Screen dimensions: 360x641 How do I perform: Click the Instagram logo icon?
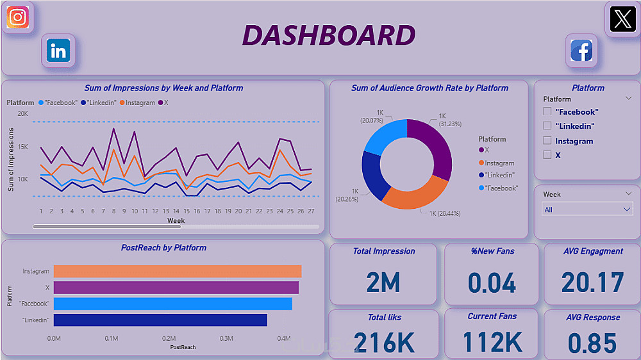pyautogui.click(x=18, y=17)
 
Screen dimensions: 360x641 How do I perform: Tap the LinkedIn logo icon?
pyautogui.click(x=59, y=51)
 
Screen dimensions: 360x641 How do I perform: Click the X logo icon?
pyautogui.click(x=621, y=19)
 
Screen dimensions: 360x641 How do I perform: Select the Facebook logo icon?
pyautogui.click(x=581, y=51)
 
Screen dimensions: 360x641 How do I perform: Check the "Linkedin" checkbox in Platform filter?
pyautogui.click(x=547, y=126)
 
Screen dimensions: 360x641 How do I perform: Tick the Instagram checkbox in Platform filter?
pyautogui.click(x=547, y=141)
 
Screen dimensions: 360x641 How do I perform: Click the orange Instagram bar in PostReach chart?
pyautogui.click(x=177, y=272)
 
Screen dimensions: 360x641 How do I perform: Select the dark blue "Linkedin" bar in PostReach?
pyautogui.click(x=160, y=320)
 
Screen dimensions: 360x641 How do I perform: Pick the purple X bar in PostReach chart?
pyautogui.click(x=176, y=288)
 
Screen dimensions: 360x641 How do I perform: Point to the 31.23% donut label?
pyautogui.click(x=450, y=120)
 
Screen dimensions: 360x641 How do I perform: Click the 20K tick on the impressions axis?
pyautogui.click(x=22, y=114)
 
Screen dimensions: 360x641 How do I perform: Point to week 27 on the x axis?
pyautogui.click(x=311, y=211)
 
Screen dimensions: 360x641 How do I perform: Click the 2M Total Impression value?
pyautogui.click(x=383, y=282)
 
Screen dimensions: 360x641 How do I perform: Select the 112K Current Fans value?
pyautogui.click(x=492, y=342)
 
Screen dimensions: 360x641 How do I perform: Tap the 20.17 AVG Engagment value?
pyautogui.click(x=592, y=282)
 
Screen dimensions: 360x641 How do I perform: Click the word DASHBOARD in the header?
pyautogui.click(x=329, y=36)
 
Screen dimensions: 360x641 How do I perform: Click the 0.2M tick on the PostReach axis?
pyautogui.click(x=169, y=338)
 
